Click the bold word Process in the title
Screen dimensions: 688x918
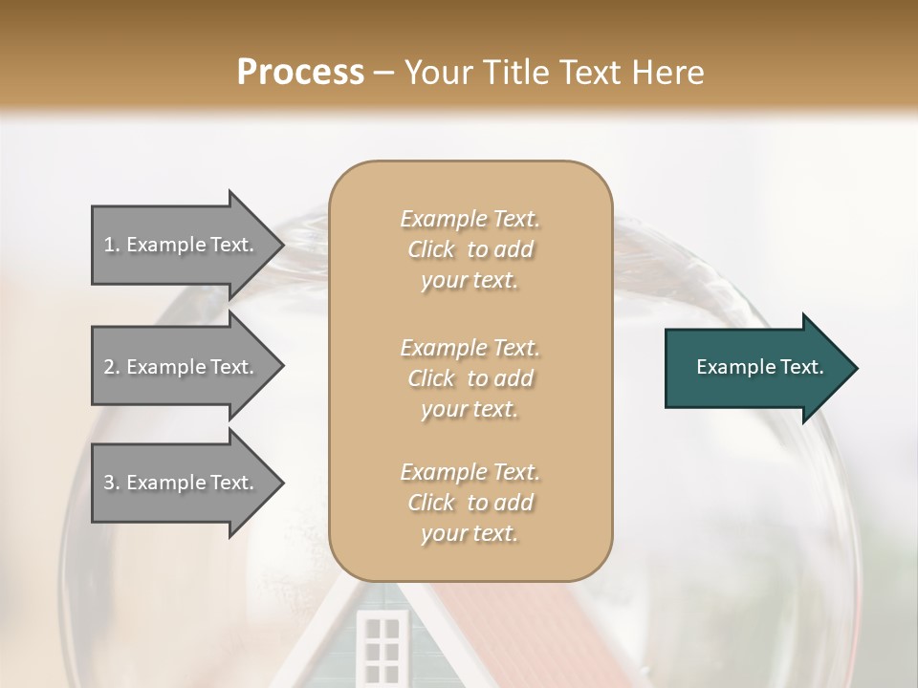tap(300, 72)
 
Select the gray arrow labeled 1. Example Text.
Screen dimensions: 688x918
tap(180, 245)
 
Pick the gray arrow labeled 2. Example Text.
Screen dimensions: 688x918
tap(180, 367)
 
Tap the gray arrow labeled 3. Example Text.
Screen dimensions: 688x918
tap(180, 483)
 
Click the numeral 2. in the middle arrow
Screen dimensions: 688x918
tap(112, 367)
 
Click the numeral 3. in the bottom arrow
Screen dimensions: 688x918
tap(112, 483)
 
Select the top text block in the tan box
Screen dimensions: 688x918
tap(470, 249)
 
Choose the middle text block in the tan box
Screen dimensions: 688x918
tap(470, 377)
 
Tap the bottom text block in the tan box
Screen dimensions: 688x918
tap(470, 503)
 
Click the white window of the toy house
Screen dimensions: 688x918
tap(382, 646)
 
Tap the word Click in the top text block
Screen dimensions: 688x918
tap(431, 249)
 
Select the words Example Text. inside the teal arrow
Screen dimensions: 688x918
tap(759, 367)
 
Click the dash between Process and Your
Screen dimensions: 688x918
tap(384, 73)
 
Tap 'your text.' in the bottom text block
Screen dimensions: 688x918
tap(470, 533)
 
